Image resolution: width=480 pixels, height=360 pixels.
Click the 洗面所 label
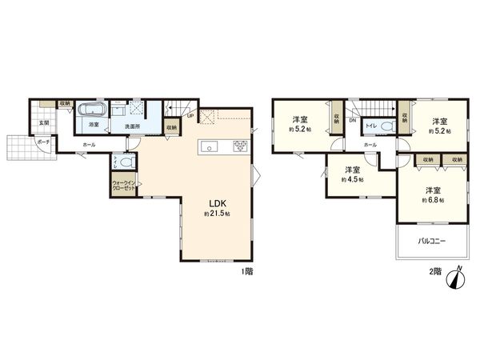coord(130,126)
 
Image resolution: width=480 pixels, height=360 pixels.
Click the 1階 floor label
coord(247,271)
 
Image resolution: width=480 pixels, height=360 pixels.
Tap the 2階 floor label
coord(434,271)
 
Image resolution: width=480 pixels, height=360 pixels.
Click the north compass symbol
coord(457,277)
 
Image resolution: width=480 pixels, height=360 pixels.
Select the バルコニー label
coord(430,241)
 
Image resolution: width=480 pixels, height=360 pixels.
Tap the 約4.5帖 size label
coord(353,181)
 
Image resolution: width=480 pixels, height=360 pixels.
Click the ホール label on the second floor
coord(370,145)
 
